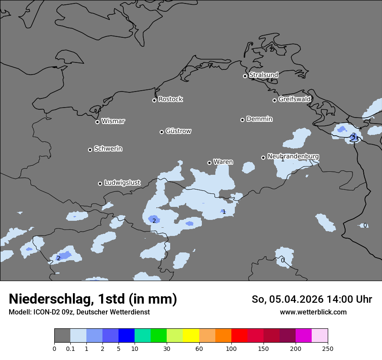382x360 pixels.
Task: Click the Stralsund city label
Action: pyautogui.click(x=263, y=75)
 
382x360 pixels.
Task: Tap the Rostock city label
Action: pyautogui.click(x=170, y=99)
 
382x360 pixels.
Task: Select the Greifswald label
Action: pyautogui.click(x=294, y=99)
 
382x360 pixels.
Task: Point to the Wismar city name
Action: pyautogui.click(x=113, y=121)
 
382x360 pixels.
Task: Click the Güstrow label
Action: pyautogui.click(x=178, y=131)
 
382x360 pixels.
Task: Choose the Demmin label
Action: pyautogui.click(x=259, y=119)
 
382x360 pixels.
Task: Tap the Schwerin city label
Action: pyautogui.click(x=108, y=149)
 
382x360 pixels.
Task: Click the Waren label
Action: pyautogui.click(x=223, y=162)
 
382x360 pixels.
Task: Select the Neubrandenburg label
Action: pyautogui.click(x=293, y=156)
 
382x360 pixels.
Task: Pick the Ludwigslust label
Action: pyautogui.click(x=122, y=183)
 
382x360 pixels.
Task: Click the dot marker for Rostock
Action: pyautogui.click(x=154, y=100)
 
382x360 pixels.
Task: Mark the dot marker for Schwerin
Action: pyautogui.click(x=90, y=150)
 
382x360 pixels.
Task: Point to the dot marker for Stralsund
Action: pyautogui.click(x=245, y=76)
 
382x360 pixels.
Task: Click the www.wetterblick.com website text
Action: pyautogui.click(x=313, y=312)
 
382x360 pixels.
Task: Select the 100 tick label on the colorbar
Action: pyautogui.click(x=231, y=348)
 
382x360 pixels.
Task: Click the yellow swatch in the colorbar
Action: pyautogui.click(x=191, y=336)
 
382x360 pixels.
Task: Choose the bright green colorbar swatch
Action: pyautogui.click(x=159, y=336)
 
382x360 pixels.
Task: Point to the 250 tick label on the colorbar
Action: pyautogui.click(x=328, y=348)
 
